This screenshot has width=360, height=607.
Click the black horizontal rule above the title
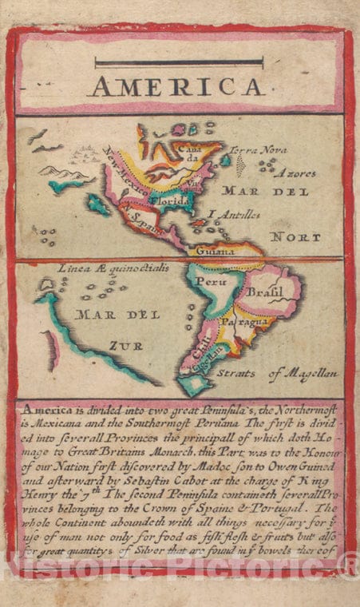(x=178, y=61)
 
